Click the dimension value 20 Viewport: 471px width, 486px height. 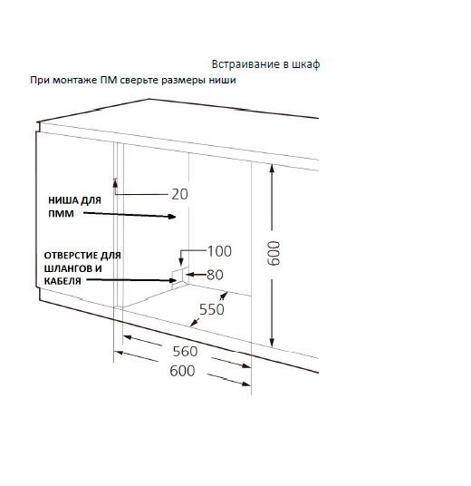pos(179,194)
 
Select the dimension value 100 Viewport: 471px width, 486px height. pos(219,251)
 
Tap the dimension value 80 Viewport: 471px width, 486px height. pos(215,275)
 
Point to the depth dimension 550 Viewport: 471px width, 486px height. pos(212,309)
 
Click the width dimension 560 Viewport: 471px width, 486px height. pos(185,351)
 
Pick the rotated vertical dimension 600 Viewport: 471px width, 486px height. pos(274,254)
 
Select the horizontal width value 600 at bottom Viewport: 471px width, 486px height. pos(182,371)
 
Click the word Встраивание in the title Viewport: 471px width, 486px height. pos(245,64)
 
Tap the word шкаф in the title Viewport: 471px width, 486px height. pos(306,64)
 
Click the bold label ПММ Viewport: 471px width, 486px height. pos(61,214)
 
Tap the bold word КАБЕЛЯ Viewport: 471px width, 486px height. pos(62,281)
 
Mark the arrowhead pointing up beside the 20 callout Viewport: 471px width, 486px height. pos(115,182)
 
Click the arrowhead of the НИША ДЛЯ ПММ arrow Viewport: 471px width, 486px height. pos(171,217)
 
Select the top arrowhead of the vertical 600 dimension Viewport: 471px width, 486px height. pos(272,169)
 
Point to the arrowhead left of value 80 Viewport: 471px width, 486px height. pos(189,275)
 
